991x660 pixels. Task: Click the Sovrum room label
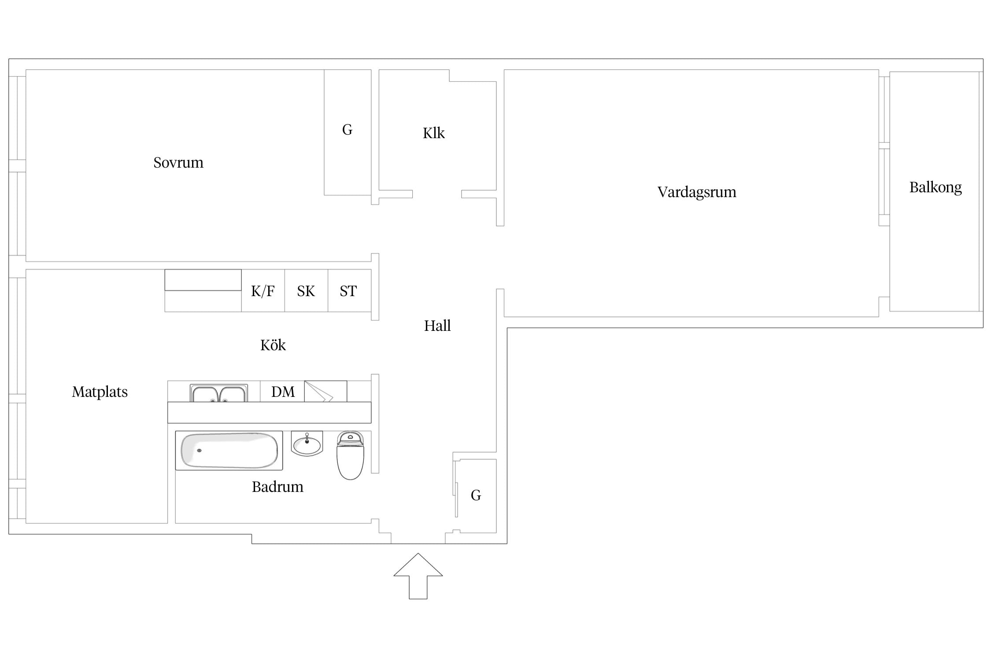(x=178, y=163)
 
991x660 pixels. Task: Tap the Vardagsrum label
(x=697, y=192)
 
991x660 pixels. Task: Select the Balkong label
(x=936, y=187)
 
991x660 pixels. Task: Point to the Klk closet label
(x=434, y=133)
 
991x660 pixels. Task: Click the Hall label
(x=437, y=326)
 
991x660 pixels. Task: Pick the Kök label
(x=273, y=345)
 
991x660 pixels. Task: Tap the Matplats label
(x=100, y=392)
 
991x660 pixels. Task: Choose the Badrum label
(x=277, y=487)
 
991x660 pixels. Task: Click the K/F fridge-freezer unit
(x=263, y=290)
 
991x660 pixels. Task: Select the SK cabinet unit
(x=306, y=290)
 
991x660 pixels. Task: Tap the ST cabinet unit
(x=349, y=290)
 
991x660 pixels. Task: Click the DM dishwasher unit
(x=282, y=391)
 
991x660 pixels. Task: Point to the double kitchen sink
(x=219, y=393)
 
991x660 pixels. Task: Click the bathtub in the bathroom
(x=229, y=451)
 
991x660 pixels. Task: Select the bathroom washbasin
(x=307, y=443)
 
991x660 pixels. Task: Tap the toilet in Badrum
(x=351, y=455)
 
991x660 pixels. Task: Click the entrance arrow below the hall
(x=418, y=576)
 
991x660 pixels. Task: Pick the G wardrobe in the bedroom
(x=348, y=132)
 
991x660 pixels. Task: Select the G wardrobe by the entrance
(x=476, y=496)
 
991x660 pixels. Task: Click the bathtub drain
(x=199, y=451)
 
